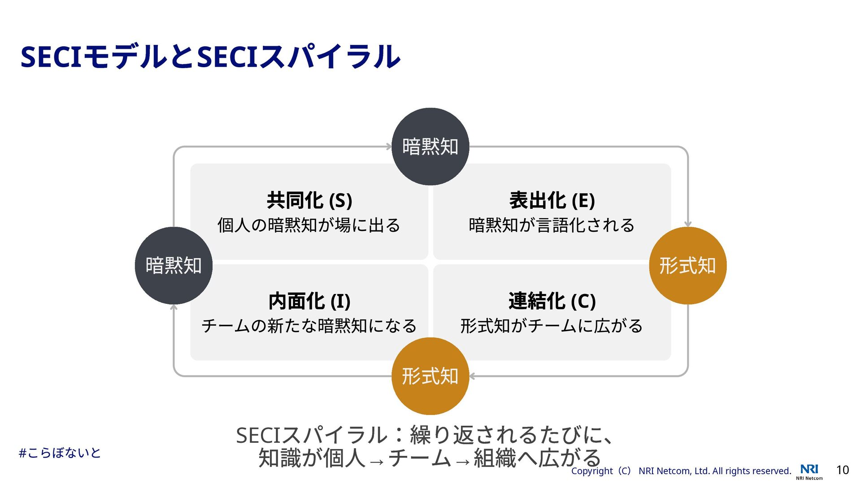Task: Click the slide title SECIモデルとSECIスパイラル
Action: point(210,57)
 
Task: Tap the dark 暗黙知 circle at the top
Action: point(430,147)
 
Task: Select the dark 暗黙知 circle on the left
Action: point(174,265)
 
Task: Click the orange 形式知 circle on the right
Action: point(687,265)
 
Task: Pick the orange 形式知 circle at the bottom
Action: point(430,376)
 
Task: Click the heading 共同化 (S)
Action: point(309,200)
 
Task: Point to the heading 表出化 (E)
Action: point(552,200)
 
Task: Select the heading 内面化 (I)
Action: point(309,301)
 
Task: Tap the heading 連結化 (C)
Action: point(552,301)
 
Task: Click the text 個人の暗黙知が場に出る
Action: point(309,225)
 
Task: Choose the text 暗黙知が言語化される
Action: point(552,225)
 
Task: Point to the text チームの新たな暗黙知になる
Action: point(309,326)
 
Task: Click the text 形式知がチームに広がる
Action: point(552,326)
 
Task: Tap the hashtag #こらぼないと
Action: point(60,453)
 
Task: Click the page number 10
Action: point(843,470)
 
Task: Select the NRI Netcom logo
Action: point(809,471)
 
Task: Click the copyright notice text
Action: point(681,471)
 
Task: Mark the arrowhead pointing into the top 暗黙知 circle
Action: point(389,147)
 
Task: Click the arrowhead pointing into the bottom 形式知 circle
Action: point(472,376)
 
